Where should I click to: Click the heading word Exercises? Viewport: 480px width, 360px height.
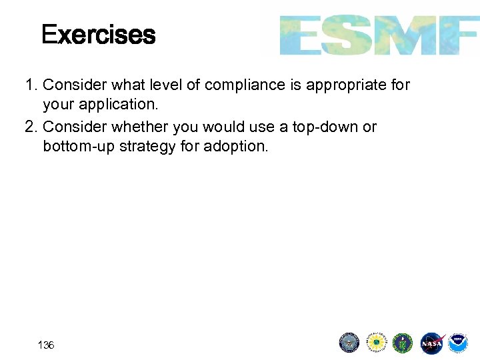click(98, 35)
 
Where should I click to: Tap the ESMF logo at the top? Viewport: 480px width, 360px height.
click(378, 35)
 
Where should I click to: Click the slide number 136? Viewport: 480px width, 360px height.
click(46, 345)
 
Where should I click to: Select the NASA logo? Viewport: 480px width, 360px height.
click(431, 343)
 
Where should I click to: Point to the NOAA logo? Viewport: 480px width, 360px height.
click(458, 343)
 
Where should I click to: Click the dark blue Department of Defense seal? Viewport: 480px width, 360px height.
click(349, 343)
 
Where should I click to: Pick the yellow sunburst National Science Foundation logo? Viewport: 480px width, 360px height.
click(377, 343)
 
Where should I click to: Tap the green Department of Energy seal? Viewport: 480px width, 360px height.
click(403, 343)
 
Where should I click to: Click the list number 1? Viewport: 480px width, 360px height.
click(30, 85)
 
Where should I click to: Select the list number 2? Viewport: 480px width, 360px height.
click(30, 127)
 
